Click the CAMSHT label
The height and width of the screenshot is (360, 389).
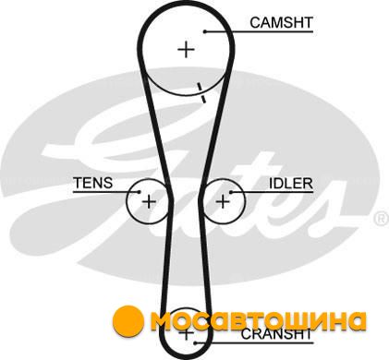281,23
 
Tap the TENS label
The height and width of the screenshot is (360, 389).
93,183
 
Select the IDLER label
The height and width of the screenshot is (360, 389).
291,184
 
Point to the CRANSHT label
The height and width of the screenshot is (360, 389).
276,334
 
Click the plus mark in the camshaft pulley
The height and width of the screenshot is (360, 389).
187,49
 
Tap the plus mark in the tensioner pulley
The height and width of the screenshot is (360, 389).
149,202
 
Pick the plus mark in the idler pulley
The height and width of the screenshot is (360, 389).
223,202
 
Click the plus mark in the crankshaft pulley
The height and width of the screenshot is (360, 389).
187,333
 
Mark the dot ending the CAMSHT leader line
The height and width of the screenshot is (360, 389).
204,31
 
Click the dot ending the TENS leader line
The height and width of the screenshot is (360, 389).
139,192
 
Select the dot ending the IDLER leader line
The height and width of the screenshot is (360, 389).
231,192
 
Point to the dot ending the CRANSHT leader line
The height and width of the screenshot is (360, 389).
195,342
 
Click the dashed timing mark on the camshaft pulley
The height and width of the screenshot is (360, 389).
201,92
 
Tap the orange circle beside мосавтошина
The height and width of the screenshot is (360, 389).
128,320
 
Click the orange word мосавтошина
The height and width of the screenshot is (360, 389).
258,320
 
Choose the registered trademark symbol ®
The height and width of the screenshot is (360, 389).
381,219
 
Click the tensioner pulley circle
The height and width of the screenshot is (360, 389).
127,201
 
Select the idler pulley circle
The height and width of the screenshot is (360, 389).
246,201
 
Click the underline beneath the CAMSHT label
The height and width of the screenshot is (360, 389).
259,31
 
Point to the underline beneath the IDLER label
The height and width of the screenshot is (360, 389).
272,192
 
